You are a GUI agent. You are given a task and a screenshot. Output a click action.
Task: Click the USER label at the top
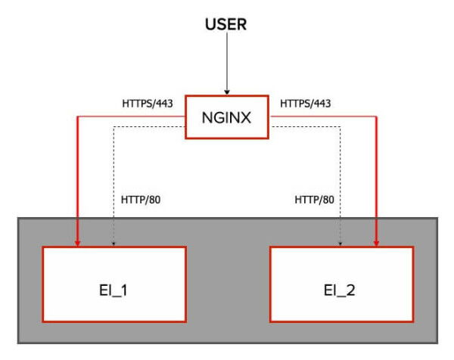click(x=226, y=25)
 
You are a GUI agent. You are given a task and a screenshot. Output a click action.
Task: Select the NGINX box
click(x=226, y=117)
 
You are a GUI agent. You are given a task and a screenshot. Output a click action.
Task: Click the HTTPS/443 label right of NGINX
click(x=306, y=102)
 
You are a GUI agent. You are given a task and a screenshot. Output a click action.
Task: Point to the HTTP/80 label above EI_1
click(x=141, y=200)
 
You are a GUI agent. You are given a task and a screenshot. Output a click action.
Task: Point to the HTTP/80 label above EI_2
click(x=313, y=200)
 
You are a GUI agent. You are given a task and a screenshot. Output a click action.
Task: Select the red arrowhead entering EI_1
click(x=77, y=241)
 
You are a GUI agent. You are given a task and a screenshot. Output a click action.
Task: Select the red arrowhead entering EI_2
click(x=376, y=241)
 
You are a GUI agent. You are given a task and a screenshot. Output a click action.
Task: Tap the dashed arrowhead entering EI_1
click(x=113, y=243)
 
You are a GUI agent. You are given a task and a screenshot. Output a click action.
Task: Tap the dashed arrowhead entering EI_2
click(x=340, y=243)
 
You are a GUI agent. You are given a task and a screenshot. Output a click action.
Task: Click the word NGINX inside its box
click(x=226, y=118)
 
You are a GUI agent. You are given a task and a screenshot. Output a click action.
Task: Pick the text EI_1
click(x=113, y=288)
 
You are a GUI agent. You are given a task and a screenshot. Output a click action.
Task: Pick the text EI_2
click(x=340, y=288)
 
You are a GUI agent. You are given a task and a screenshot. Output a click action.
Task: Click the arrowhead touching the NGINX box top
click(x=226, y=91)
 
